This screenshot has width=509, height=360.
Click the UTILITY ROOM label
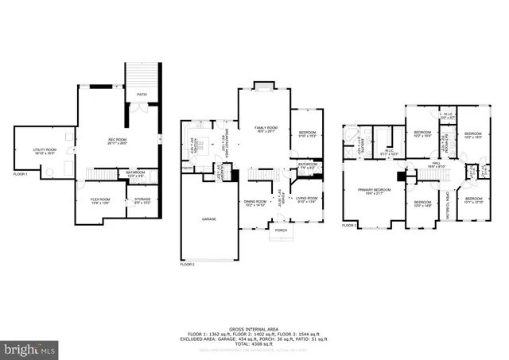point(45,150)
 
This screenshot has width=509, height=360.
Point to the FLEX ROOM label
point(99,200)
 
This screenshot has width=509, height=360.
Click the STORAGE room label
point(142,200)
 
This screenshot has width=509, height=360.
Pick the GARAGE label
point(208,219)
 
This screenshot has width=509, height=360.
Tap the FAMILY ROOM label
point(266,129)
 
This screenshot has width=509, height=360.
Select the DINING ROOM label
point(255,203)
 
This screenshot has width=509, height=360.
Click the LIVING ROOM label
point(306,199)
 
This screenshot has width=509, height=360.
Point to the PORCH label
point(281,230)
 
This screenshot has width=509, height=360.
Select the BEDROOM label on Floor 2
point(307,133)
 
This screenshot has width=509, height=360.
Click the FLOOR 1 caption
point(21,174)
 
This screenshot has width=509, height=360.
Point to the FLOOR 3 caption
point(349,225)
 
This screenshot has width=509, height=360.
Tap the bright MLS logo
point(30,348)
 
